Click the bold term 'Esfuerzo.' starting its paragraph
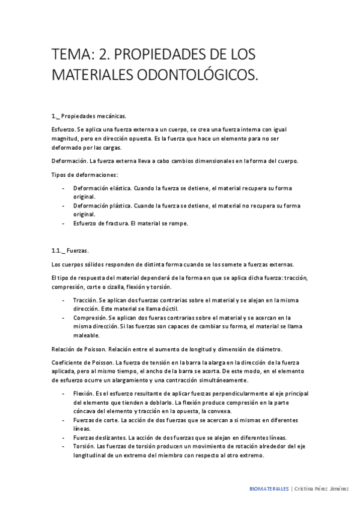(64, 129)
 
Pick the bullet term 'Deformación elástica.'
(102, 188)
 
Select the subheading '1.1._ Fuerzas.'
(70, 250)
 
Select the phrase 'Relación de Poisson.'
(81, 349)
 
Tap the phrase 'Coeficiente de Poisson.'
(83, 363)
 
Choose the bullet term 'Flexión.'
(84, 393)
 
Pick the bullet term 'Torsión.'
(84, 446)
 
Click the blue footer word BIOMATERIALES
(269, 489)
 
